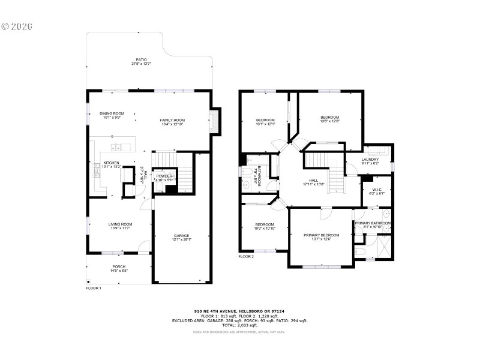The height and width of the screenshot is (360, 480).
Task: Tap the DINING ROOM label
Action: [x=112, y=113]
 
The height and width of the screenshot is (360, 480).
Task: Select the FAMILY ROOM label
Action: [x=172, y=120]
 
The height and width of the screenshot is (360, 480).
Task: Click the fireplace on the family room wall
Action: [x=214, y=122]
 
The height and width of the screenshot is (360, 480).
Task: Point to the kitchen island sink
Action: [x=116, y=147]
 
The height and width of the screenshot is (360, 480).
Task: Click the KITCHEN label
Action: [x=111, y=163]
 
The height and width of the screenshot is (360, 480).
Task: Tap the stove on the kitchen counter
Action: [x=96, y=172]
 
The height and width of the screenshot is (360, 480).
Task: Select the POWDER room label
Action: [x=164, y=176]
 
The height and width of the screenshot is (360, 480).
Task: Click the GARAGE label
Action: [x=182, y=235]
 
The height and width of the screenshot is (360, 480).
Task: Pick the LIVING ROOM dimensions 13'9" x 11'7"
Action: [x=111, y=228]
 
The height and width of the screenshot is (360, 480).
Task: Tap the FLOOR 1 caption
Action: [x=94, y=288]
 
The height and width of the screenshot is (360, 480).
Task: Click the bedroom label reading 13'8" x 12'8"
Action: [x=329, y=121]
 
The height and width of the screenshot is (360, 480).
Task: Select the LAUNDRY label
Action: [x=370, y=159]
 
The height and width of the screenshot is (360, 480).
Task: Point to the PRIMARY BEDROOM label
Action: [x=321, y=235]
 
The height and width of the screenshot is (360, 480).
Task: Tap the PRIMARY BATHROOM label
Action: [x=373, y=223]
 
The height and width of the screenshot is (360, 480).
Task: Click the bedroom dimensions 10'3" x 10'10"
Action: [x=265, y=229]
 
